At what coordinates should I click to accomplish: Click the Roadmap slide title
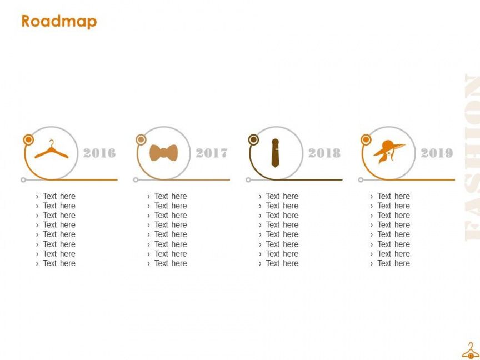pyautogui.click(x=59, y=22)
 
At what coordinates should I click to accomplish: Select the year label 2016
pyautogui.click(x=99, y=153)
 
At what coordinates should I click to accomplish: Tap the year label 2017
pyautogui.click(x=212, y=153)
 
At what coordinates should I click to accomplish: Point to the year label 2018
pyautogui.click(x=324, y=153)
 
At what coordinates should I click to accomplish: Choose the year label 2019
pyautogui.click(x=437, y=153)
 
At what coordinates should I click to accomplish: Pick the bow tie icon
pyautogui.click(x=163, y=153)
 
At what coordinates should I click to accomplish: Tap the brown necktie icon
pyautogui.click(x=275, y=153)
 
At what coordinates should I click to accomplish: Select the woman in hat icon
pyautogui.click(x=389, y=152)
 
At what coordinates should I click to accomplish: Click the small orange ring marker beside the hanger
pyautogui.click(x=28, y=140)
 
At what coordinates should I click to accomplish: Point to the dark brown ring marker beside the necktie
pyautogui.click(x=253, y=140)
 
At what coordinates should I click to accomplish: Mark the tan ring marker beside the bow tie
pyautogui.click(x=141, y=140)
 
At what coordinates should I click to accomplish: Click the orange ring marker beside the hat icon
pyautogui.click(x=366, y=140)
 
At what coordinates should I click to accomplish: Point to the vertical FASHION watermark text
pyautogui.click(x=472, y=157)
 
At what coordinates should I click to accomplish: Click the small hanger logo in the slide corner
pyautogui.click(x=471, y=351)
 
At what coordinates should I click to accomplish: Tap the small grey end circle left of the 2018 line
pyautogui.click(x=248, y=179)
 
